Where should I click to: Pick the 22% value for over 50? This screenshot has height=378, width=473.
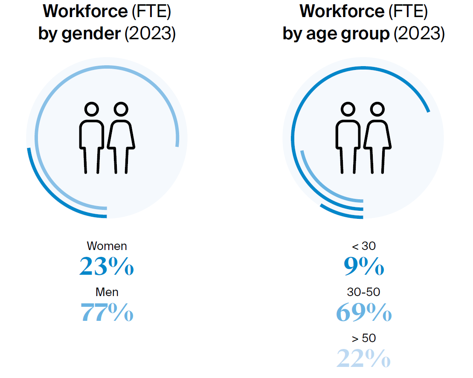[x=364, y=358]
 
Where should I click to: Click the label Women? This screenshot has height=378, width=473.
[x=107, y=246]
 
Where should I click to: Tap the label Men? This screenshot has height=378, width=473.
[x=107, y=292]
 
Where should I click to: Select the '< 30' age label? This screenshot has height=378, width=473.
[x=364, y=246]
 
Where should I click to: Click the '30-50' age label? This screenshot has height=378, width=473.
[x=364, y=292]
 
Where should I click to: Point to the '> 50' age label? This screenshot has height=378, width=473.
[x=364, y=338]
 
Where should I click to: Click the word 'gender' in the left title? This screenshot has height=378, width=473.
[x=91, y=34]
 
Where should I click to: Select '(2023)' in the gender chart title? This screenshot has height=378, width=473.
[x=150, y=34]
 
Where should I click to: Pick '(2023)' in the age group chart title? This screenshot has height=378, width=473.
[x=419, y=34]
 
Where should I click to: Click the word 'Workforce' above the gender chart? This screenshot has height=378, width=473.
[x=85, y=12]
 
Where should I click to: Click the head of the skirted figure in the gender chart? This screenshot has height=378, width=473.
[x=121, y=109]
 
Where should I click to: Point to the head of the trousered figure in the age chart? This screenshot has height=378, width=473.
[x=348, y=109]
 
